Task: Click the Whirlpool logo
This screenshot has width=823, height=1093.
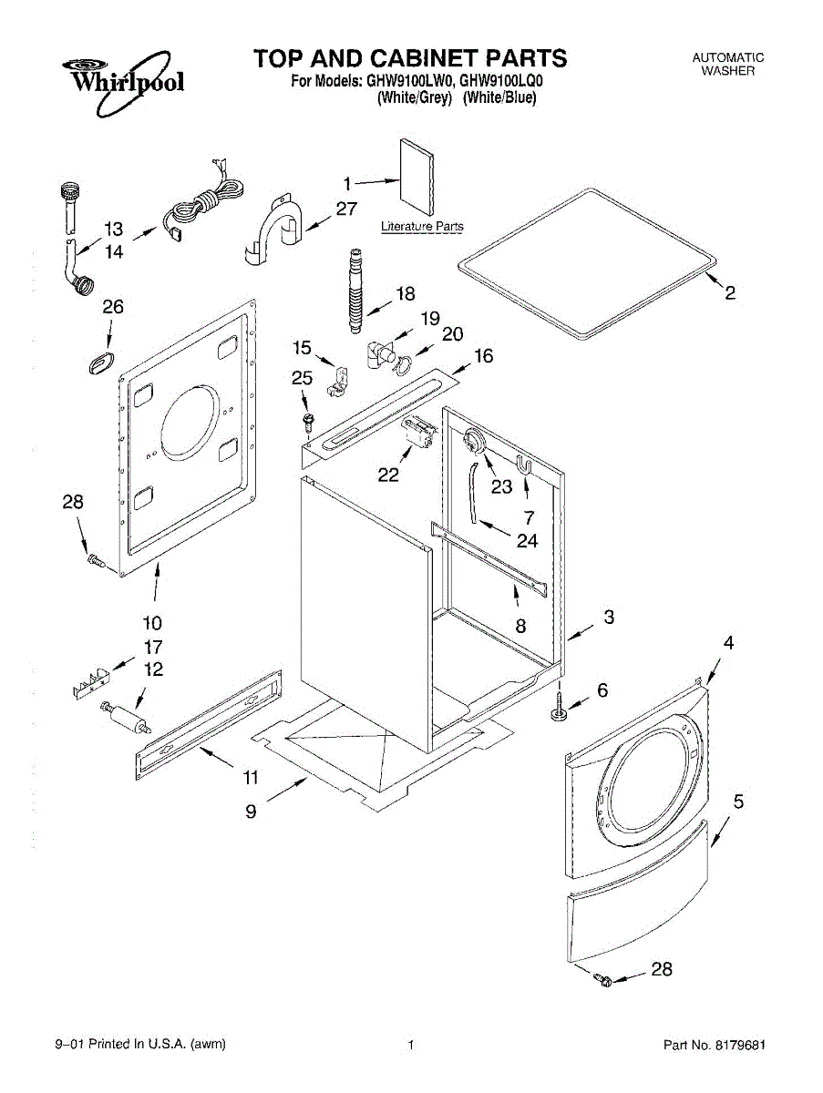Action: point(122,80)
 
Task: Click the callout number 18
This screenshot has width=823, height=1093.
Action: point(405,293)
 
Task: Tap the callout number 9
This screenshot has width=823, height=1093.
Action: point(251,812)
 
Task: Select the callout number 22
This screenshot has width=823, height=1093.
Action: point(389,475)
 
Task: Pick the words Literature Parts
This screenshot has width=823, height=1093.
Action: point(422,227)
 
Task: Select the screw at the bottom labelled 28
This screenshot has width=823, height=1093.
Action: point(601,980)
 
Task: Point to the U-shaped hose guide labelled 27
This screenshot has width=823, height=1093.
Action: point(278,225)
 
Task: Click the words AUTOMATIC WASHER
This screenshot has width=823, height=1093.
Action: point(727,64)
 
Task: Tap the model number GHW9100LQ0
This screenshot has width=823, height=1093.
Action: point(497,80)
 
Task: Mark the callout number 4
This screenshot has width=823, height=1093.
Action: point(728,642)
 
